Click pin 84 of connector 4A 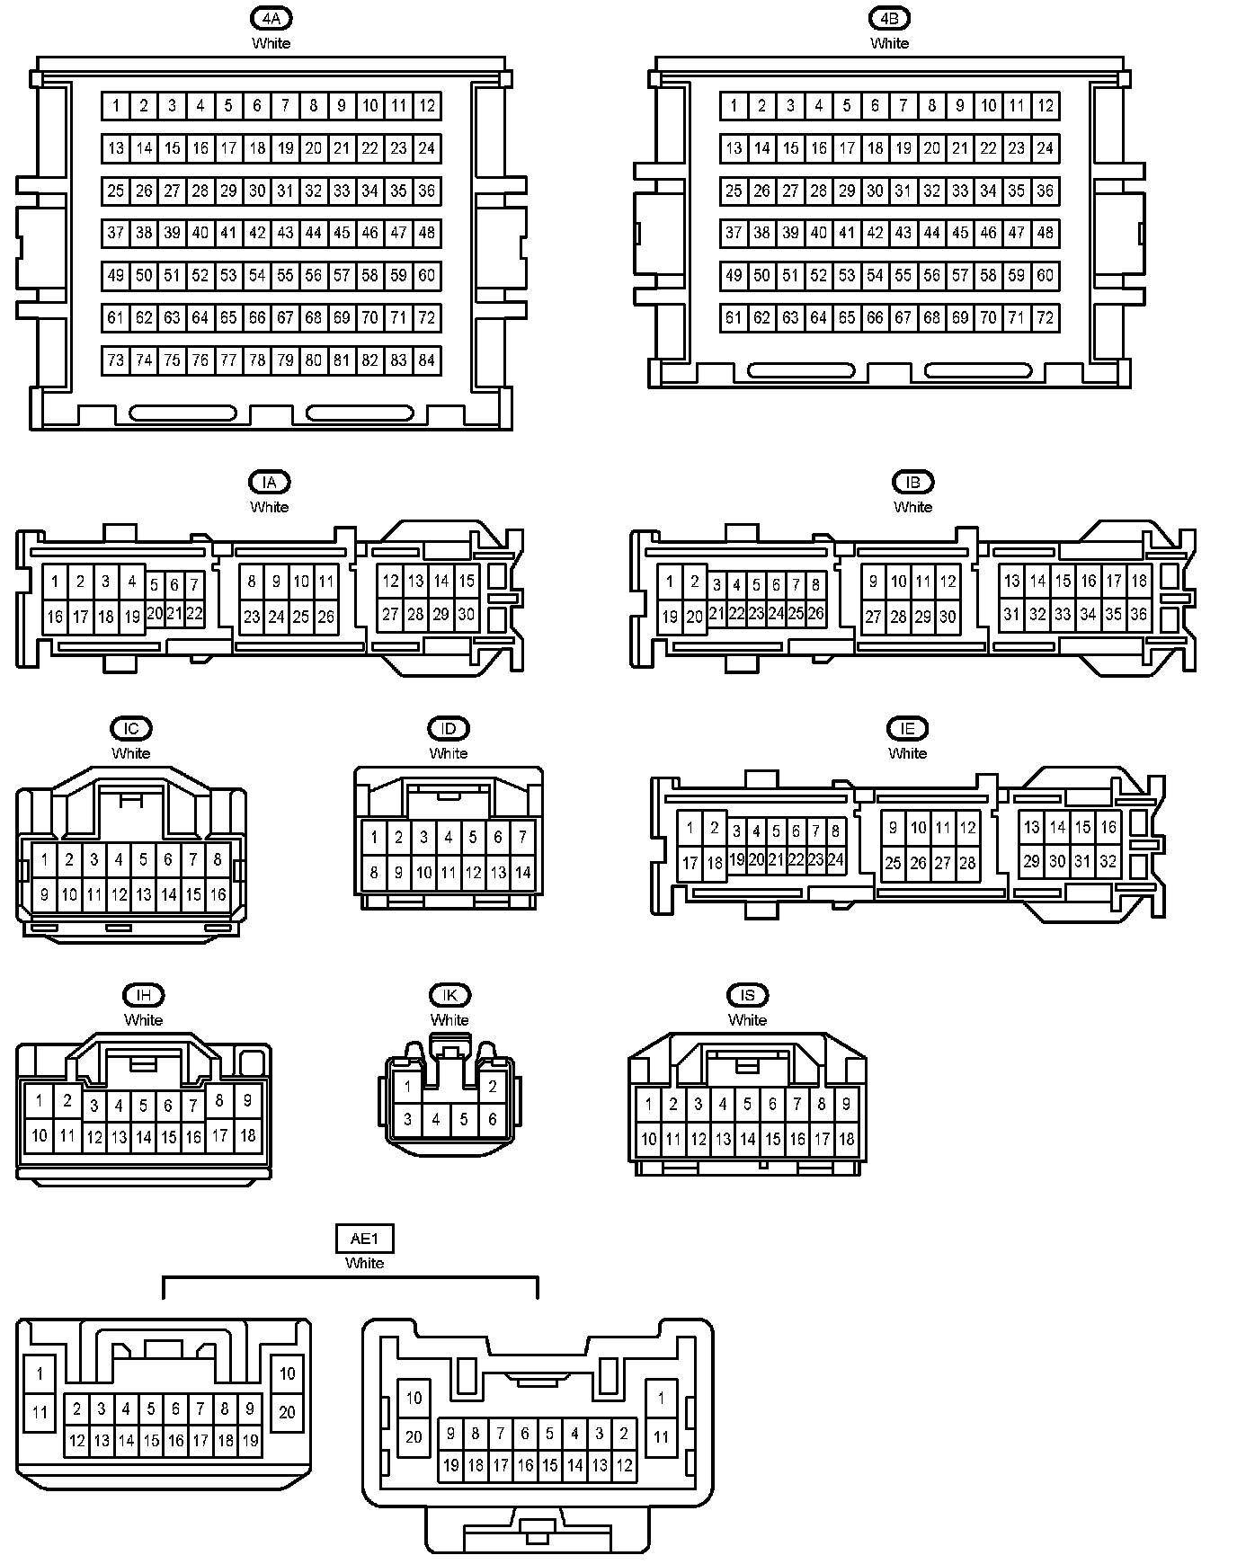coord(427,360)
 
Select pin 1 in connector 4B coord(734,106)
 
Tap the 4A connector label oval coord(271,18)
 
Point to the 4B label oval coord(889,18)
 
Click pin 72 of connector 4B coord(1045,317)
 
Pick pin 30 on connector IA coord(466,615)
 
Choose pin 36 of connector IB coord(1138,615)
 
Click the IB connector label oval coord(912,482)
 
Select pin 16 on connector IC coord(218,894)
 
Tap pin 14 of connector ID coord(522,872)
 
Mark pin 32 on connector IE coord(1108,861)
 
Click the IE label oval coord(907,728)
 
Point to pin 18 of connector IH coord(247,1135)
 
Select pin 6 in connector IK coord(492,1119)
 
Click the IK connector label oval coord(449,995)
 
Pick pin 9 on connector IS coord(846,1104)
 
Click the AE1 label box coord(364,1239)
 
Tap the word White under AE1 coord(364,1263)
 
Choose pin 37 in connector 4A coord(115,233)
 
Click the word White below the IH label coord(144,1020)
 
